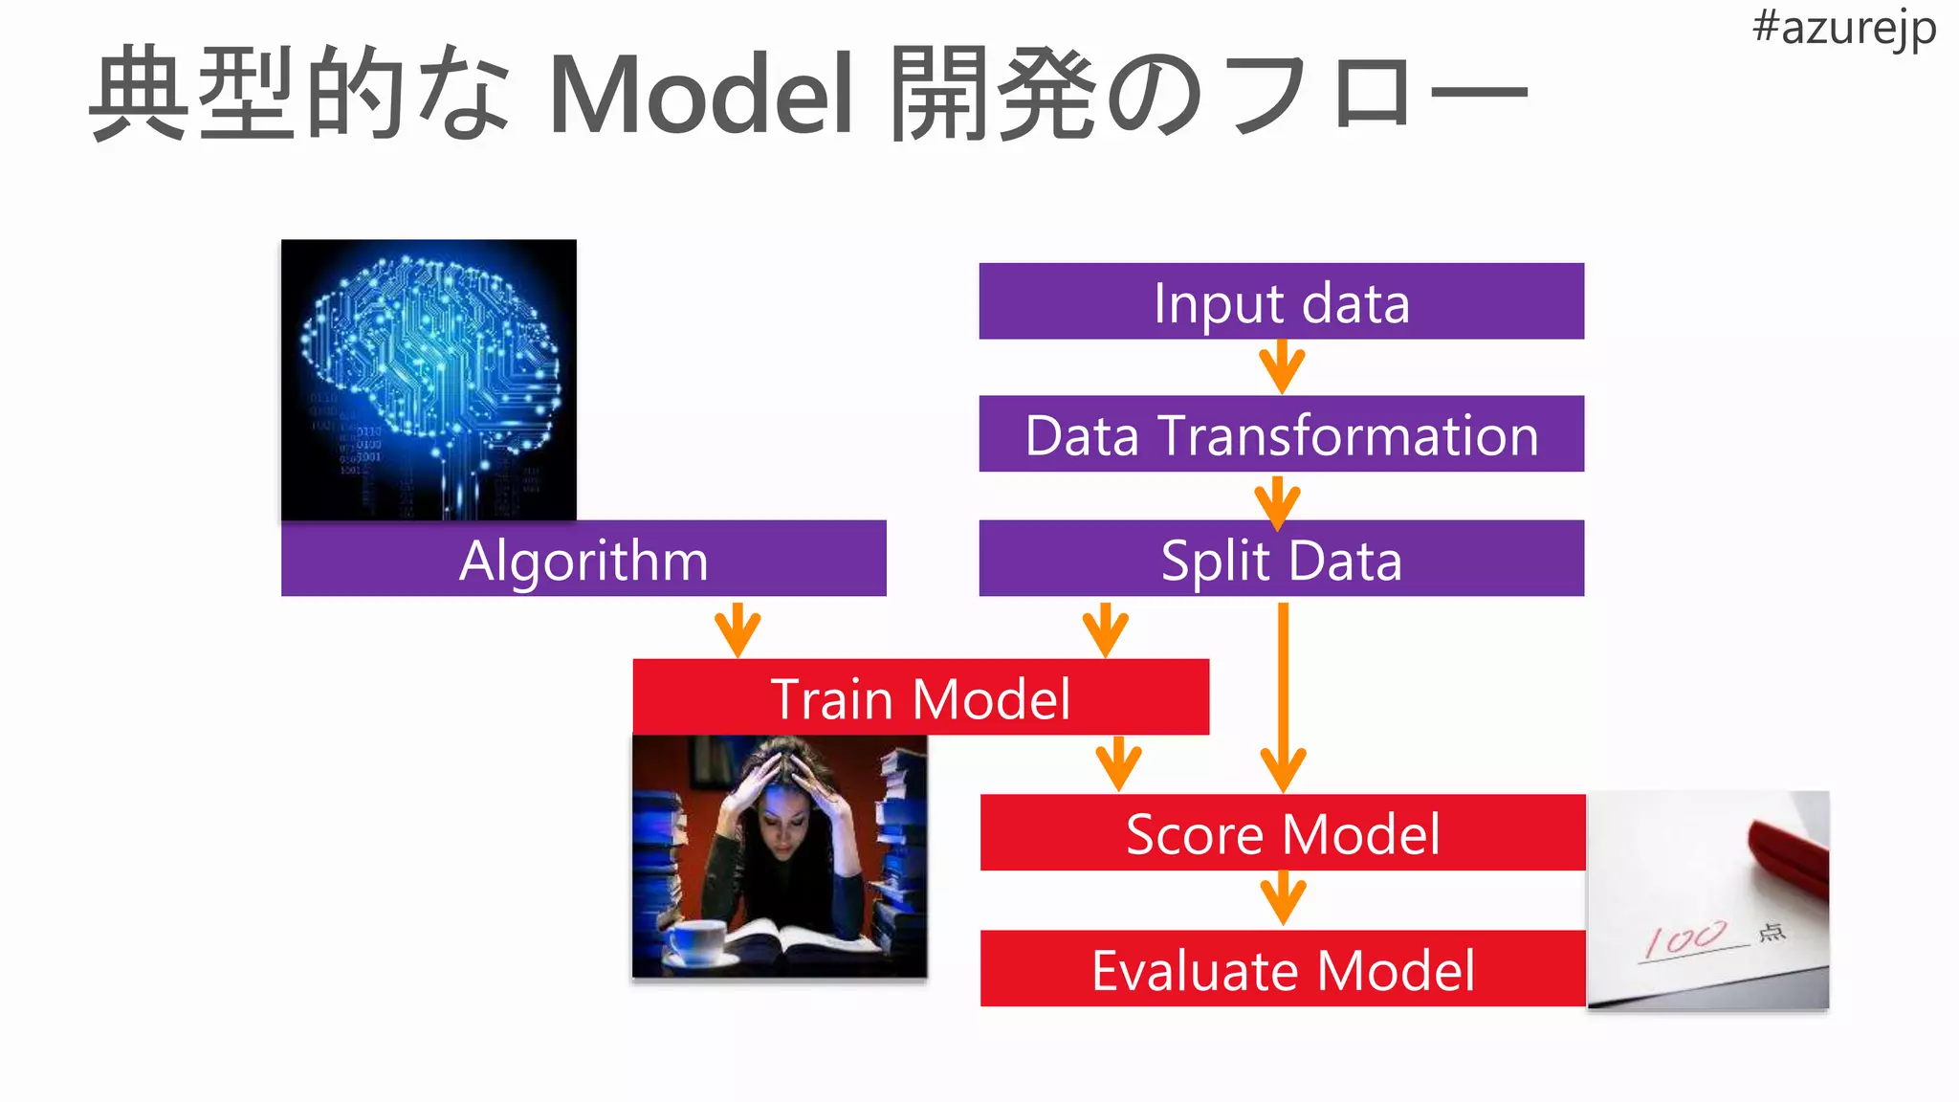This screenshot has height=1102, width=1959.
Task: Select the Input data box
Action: (x=1281, y=301)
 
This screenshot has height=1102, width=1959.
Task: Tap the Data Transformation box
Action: (x=1281, y=434)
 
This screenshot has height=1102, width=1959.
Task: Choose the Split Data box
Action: (x=1281, y=559)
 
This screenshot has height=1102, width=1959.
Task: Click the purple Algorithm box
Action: (x=583, y=559)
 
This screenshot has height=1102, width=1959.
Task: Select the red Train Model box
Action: (x=920, y=697)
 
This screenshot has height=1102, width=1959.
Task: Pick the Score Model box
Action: (x=1282, y=832)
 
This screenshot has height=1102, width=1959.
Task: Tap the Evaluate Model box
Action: (x=1282, y=968)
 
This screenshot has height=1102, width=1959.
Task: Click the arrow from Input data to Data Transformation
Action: (x=1282, y=368)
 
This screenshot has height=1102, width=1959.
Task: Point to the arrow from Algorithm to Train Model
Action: (x=737, y=629)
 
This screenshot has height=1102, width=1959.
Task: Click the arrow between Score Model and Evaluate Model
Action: (x=1283, y=899)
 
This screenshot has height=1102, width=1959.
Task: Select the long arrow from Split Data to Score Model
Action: (x=1283, y=698)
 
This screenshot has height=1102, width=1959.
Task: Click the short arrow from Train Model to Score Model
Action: (x=1118, y=764)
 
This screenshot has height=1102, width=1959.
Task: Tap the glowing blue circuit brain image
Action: (x=429, y=380)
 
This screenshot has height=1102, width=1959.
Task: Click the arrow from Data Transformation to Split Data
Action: (x=1277, y=502)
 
